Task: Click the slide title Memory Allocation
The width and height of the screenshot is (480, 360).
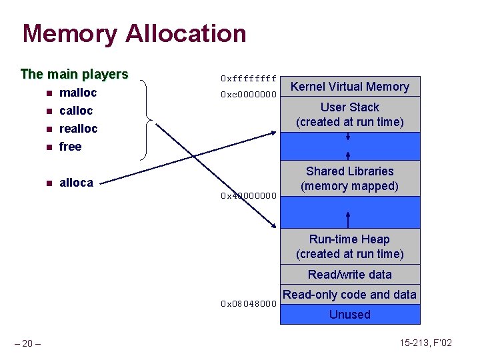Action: [134, 34]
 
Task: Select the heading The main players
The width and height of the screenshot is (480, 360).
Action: [74, 74]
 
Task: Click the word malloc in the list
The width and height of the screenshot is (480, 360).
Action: [78, 93]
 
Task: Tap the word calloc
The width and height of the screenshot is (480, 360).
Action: [76, 111]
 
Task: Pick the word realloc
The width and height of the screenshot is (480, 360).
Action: [78, 129]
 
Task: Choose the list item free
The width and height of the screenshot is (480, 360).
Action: [70, 147]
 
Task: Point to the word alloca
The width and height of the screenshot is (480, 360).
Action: [76, 183]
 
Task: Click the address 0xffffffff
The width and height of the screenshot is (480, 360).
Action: [248, 79]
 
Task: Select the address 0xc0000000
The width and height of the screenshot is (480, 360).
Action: [248, 95]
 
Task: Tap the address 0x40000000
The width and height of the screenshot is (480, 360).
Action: [248, 197]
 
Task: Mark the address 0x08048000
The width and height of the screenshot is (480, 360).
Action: [248, 304]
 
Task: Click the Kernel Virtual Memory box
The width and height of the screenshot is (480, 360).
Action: [350, 87]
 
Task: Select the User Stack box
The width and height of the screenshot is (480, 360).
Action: [350, 115]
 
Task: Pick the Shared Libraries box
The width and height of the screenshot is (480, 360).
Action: [350, 179]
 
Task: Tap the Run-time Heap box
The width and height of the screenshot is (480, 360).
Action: [350, 247]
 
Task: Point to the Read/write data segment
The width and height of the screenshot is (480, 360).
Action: [350, 275]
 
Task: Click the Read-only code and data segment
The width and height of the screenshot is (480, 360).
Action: [350, 295]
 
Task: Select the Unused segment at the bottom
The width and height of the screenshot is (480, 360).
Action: [350, 315]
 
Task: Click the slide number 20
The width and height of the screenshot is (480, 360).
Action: [28, 343]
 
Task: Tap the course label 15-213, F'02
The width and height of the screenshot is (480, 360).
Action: [427, 343]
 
